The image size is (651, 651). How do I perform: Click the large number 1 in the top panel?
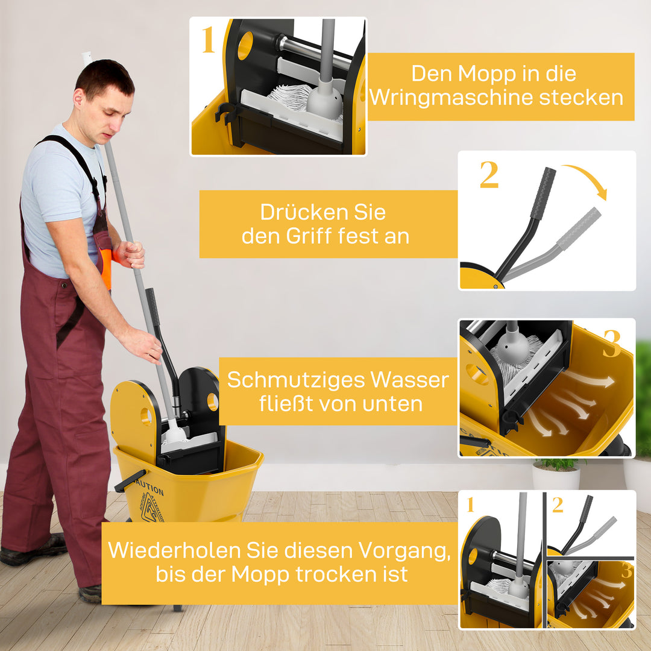pos(208,40)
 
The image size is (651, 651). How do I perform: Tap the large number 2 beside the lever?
pos(489,175)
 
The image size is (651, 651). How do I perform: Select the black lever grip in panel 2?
pos(542,192)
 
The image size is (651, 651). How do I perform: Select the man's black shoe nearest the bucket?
pos(90,593)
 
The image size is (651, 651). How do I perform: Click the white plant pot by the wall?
pos(556,477)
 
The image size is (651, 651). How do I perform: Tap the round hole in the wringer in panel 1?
pos(245,46)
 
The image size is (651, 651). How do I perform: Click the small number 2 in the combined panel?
pos(558,505)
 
